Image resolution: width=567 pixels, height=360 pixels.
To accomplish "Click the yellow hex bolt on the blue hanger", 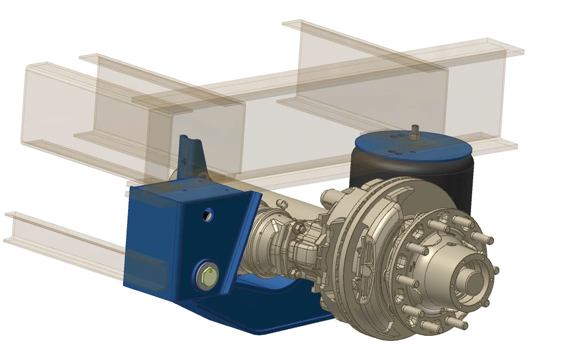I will (207, 276).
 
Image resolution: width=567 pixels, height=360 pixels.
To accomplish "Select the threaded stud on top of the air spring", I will (416, 132).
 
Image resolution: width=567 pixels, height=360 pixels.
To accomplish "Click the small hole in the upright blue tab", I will (184, 161).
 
